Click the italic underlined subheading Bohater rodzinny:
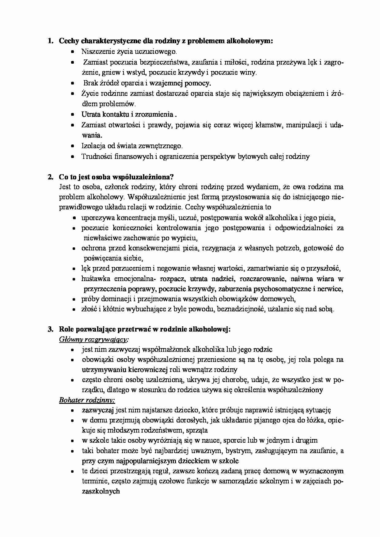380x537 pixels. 87,400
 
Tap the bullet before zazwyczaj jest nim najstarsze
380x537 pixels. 72,411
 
